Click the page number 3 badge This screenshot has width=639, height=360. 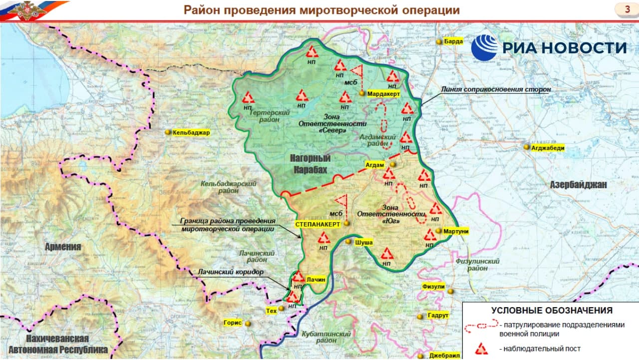[x=627, y=9]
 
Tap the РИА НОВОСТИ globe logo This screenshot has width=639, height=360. [x=484, y=48]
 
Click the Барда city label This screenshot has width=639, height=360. [x=453, y=42]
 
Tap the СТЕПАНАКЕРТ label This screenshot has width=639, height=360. [x=318, y=224]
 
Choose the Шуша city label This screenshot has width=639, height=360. [x=363, y=242]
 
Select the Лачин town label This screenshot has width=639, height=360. [x=316, y=280]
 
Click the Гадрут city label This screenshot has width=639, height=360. [x=438, y=316]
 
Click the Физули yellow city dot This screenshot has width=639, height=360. [x=450, y=291]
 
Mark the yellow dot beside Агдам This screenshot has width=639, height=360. [x=393, y=164]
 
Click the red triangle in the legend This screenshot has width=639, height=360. [x=481, y=349]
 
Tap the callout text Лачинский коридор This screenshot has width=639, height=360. [x=230, y=273]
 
